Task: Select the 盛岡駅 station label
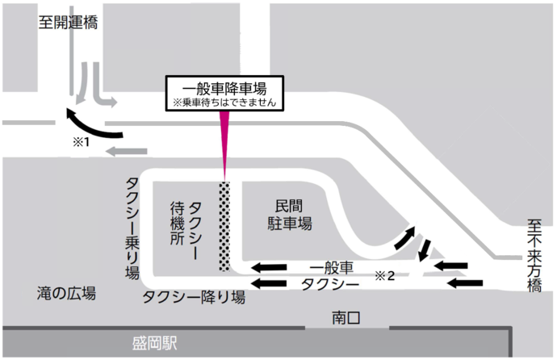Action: (x=155, y=343)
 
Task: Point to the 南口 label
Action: (x=346, y=318)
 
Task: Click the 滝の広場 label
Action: (x=67, y=293)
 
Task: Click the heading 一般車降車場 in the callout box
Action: (x=224, y=87)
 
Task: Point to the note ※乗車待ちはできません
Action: (x=224, y=103)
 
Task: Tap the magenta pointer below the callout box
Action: (x=224, y=145)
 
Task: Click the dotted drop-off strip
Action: (x=224, y=226)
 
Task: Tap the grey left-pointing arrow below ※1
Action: (x=128, y=151)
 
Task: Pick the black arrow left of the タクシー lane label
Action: (x=270, y=283)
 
